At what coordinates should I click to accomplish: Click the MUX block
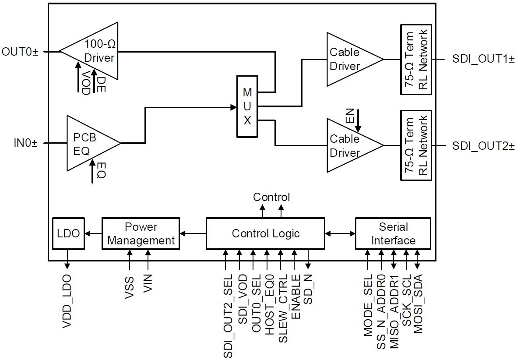click(x=247, y=106)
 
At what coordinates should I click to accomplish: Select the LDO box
click(x=68, y=233)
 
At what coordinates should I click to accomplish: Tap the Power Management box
click(x=141, y=234)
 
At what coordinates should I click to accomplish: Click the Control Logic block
click(x=265, y=233)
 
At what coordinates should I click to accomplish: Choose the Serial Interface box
click(x=393, y=234)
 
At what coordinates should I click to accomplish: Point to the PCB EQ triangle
click(x=88, y=143)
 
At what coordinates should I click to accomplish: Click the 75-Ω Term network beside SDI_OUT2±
click(x=416, y=145)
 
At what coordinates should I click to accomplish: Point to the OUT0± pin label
click(x=20, y=52)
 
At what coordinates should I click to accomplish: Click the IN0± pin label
click(x=25, y=143)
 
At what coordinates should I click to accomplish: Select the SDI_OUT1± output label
click(x=483, y=60)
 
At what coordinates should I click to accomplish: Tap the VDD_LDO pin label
click(x=67, y=303)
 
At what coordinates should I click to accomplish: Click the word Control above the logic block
click(x=271, y=198)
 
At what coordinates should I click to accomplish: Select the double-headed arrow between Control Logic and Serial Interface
click(x=340, y=234)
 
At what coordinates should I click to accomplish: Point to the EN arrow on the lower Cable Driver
click(x=358, y=121)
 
